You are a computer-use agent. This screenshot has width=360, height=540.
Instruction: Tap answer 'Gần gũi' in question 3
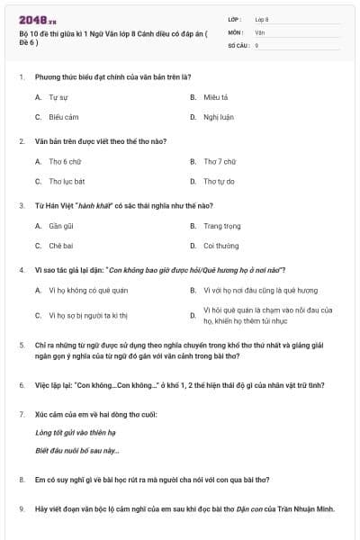pyautogui.click(x=61, y=226)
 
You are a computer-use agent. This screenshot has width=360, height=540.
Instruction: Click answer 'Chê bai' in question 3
pyautogui.click(x=61, y=246)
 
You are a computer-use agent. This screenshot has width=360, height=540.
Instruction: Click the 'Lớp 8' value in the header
pyautogui.click(x=262, y=18)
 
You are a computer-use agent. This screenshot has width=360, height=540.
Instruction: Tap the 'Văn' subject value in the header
pyautogui.click(x=259, y=31)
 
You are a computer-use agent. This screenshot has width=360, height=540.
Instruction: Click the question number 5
pyautogui.click(x=22, y=345)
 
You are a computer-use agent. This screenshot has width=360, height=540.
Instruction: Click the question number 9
pyautogui.click(x=22, y=508)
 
